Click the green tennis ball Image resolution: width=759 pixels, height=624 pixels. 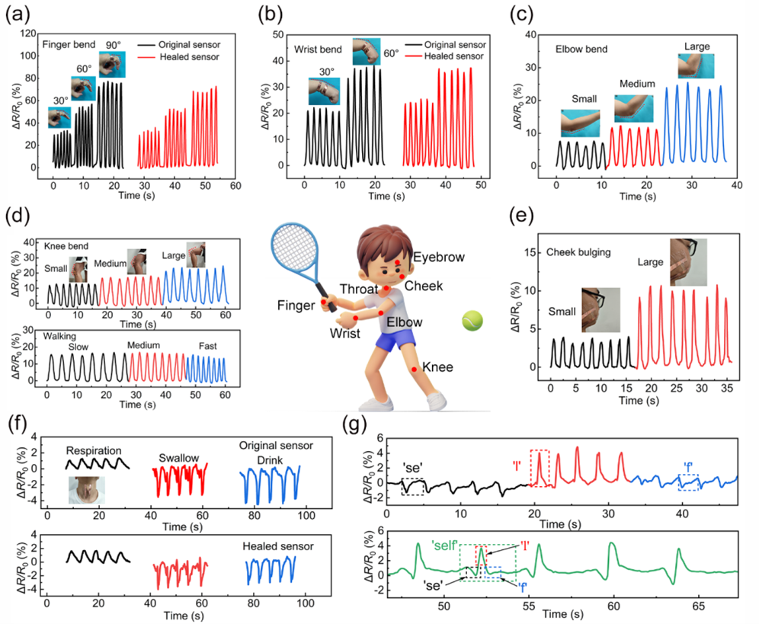click(x=472, y=322)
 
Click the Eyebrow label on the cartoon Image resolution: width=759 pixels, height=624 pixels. click(x=438, y=258)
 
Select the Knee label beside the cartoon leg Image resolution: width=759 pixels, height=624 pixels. click(x=437, y=367)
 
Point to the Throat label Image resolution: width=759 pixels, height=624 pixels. click(x=358, y=289)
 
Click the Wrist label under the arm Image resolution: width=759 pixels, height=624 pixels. click(x=344, y=333)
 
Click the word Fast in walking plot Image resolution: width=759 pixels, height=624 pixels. click(x=208, y=346)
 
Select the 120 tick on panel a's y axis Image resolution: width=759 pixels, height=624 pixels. click(x=28, y=34)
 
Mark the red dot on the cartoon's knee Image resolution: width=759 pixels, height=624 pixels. click(x=414, y=370)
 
